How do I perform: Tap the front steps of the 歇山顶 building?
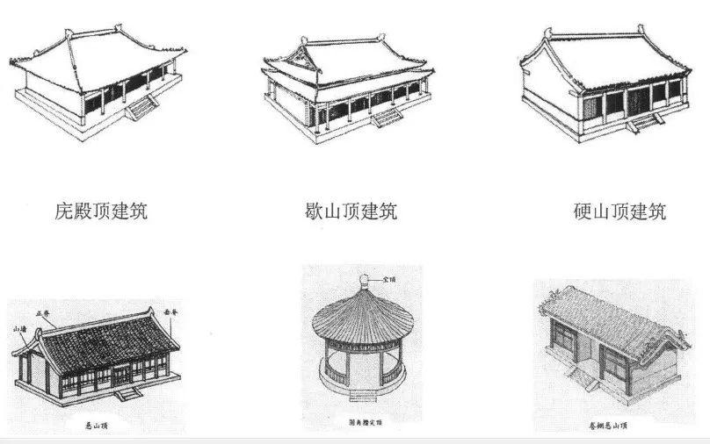point(384,118)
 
